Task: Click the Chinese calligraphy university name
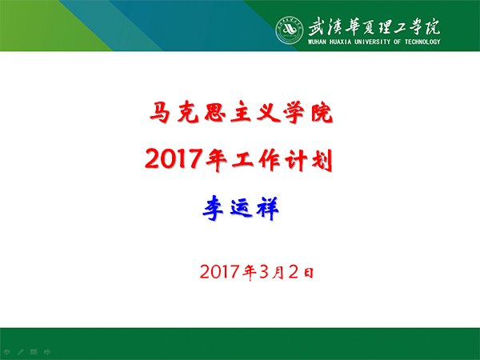(x=373, y=24)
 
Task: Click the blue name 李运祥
(x=240, y=210)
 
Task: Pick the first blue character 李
(x=211, y=210)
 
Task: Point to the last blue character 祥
(x=270, y=210)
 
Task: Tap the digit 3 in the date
(x=263, y=272)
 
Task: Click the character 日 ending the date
(x=307, y=273)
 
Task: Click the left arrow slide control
(x=6, y=350)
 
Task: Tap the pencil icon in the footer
(x=20, y=350)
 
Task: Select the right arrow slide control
(x=47, y=350)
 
